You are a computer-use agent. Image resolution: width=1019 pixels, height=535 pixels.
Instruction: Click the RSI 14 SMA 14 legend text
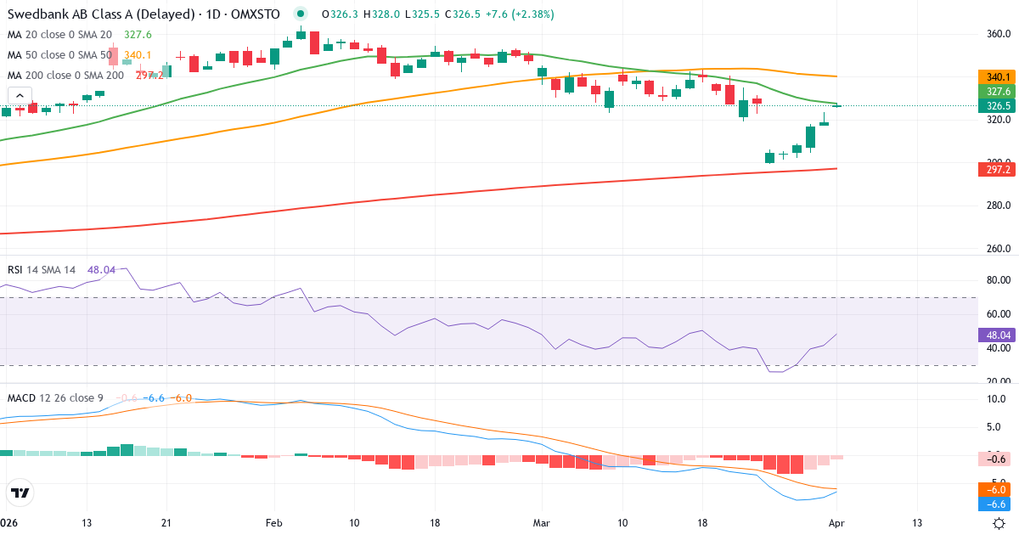42,269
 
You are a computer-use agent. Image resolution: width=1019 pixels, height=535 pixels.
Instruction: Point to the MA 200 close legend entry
66,75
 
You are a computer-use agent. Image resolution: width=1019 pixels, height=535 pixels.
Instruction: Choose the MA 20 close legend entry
59,34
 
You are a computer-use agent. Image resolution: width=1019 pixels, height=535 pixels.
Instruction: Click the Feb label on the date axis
273,523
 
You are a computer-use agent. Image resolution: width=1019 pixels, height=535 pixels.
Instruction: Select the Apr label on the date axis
836,523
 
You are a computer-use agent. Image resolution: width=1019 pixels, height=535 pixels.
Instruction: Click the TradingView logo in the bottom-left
20,493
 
